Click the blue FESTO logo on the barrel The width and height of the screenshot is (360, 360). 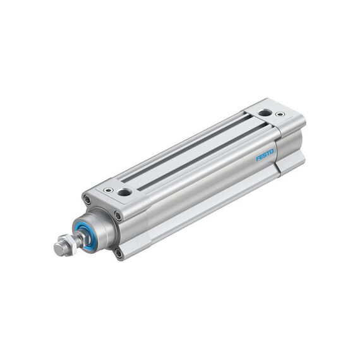click(x=265, y=155)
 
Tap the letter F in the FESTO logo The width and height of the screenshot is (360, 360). click(x=258, y=159)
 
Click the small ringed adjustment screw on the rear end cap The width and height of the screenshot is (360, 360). click(x=280, y=114)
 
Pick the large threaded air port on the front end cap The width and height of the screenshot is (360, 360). click(x=124, y=192)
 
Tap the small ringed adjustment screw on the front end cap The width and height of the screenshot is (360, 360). click(x=109, y=190)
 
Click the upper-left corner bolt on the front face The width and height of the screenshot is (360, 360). click(x=87, y=199)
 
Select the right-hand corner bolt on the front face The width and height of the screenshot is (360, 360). click(x=118, y=216)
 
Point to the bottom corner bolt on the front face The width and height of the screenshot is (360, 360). click(x=119, y=253)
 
